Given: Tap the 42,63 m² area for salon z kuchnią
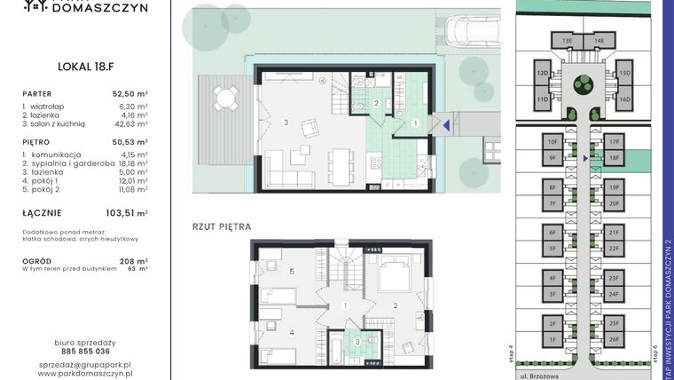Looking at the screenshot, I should click(x=129, y=124).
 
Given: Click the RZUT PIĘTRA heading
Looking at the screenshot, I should click(x=222, y=226).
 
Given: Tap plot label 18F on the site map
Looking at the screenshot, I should click(x=614, y=157).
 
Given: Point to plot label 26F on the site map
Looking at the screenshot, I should click(x=614, y=338).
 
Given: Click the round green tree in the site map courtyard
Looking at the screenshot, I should click(x=583, y=85).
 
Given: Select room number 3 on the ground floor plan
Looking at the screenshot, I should click(x=286, y=121).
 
